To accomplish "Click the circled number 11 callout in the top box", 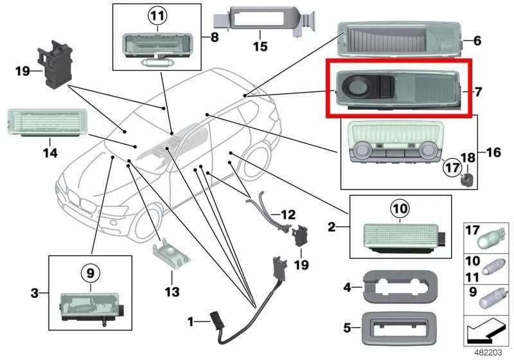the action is (157, 15).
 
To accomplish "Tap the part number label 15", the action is (260, 46).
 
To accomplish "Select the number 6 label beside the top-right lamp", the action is (477, 40).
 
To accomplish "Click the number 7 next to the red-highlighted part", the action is (478, 92).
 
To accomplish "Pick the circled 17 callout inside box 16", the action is (452, 168).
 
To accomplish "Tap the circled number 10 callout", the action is (400, 208).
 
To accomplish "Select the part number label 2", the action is (332, 227).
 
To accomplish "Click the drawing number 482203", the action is (488, 352).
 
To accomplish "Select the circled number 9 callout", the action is (91, 273).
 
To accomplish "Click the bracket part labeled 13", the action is (172, 254).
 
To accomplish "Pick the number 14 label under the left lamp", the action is (50, 152).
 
